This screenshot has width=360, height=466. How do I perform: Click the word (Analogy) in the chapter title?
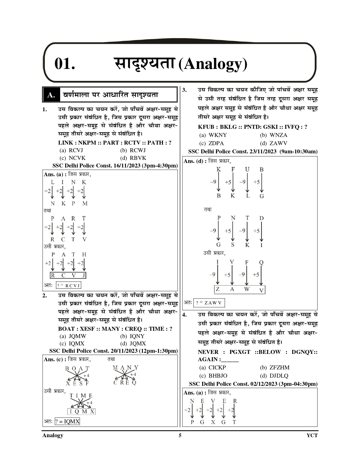(213, 64)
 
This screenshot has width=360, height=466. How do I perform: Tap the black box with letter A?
(51, 95)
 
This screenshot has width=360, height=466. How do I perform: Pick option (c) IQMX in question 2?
(72, 343)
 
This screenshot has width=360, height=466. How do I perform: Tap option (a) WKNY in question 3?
(213, 135)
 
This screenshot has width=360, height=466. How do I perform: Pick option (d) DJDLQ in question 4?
(274, 376)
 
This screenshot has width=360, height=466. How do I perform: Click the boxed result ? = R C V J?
(68, 285)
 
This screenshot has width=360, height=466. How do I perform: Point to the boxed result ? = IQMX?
(67, 421)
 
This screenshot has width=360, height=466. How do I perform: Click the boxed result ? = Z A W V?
(209, 303)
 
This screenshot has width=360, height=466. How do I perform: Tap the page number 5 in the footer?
(180, 435)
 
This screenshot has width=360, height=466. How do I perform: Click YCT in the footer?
(312, 435)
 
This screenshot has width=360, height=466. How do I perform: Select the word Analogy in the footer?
(53, 435)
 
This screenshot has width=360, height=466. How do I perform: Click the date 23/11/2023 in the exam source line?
(263, 151)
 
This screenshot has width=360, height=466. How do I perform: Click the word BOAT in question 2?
(67, 329)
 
